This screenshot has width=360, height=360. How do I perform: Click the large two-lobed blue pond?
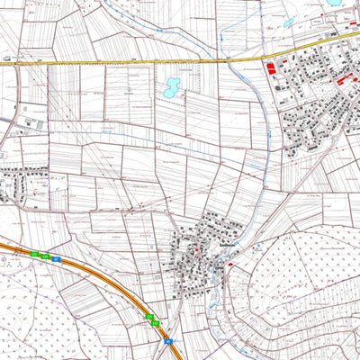pos(170,87)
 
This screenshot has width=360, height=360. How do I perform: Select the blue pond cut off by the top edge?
pos(334,3)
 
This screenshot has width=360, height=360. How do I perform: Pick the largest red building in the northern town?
pos(271,68)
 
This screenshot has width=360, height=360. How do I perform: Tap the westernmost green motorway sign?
pos(34,255)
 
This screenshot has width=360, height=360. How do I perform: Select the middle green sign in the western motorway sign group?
pos(44,256)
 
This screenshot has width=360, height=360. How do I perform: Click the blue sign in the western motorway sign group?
pos(56,259)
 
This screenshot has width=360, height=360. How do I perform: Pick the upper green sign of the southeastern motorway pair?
pos(149,317)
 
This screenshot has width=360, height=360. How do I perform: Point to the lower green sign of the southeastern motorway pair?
pos(155,322)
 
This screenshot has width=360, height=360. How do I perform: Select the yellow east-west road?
pos(135,62)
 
